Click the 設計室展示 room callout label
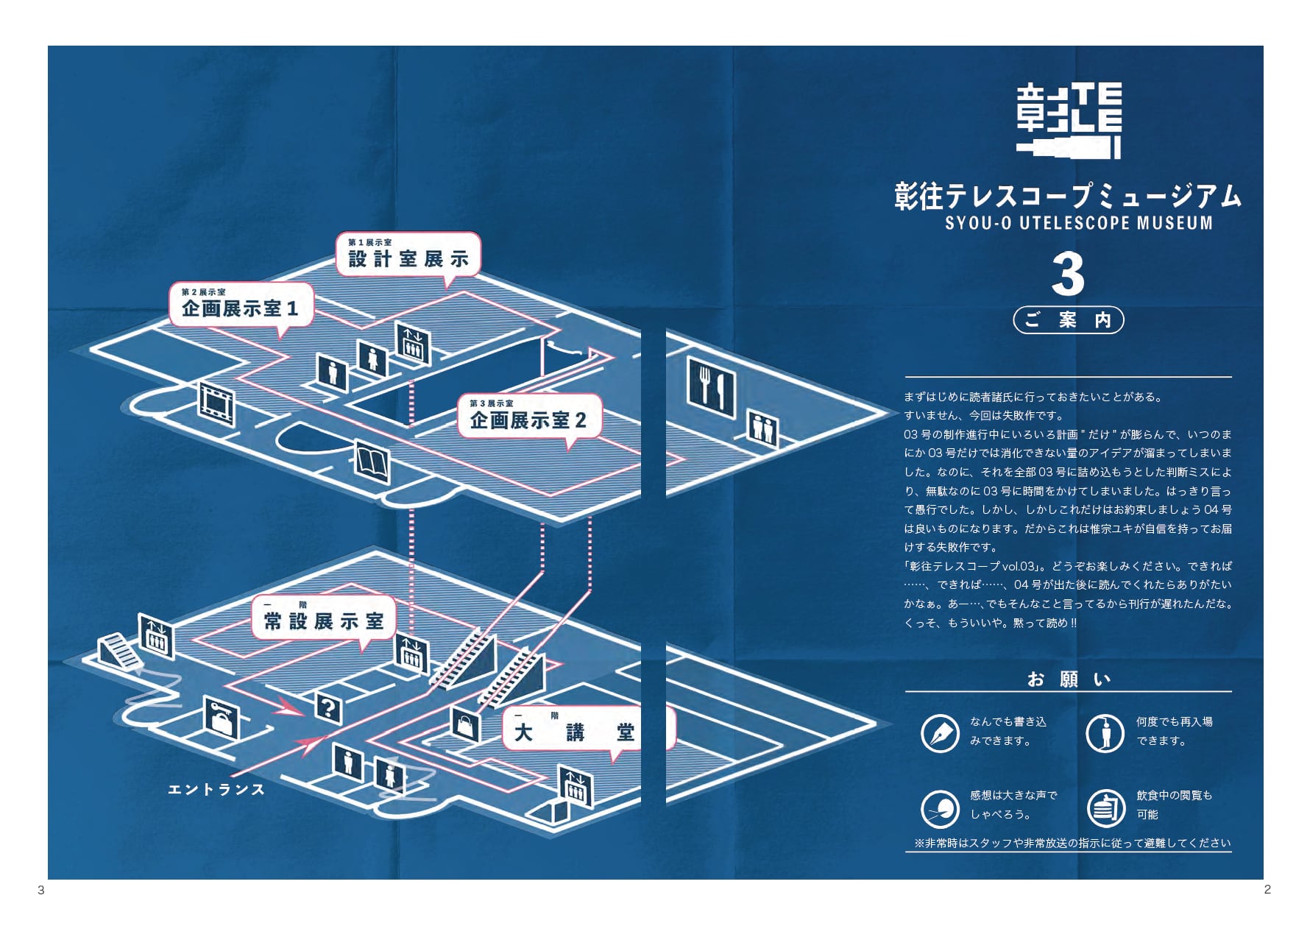[x=408, y=255]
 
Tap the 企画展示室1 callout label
[x=241, y=305]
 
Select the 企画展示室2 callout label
[x=528, y=417]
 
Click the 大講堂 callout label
[x=575, y=729]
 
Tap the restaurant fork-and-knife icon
[x=711, y=386]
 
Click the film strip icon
[x=216, y=404]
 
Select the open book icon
[x=372, y=462]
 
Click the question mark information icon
[x=327, y=708]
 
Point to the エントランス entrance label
[x=216, y=790]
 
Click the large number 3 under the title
[x=1068, y=275]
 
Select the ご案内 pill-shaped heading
[x=1068, y=320]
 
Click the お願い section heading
[x=1068, y=679]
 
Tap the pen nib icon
[x=940, y=732]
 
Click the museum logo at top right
[x=1069, y=120]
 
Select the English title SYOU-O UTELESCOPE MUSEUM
[x=1078, y=222]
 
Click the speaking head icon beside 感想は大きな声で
[x=940, y=807]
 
